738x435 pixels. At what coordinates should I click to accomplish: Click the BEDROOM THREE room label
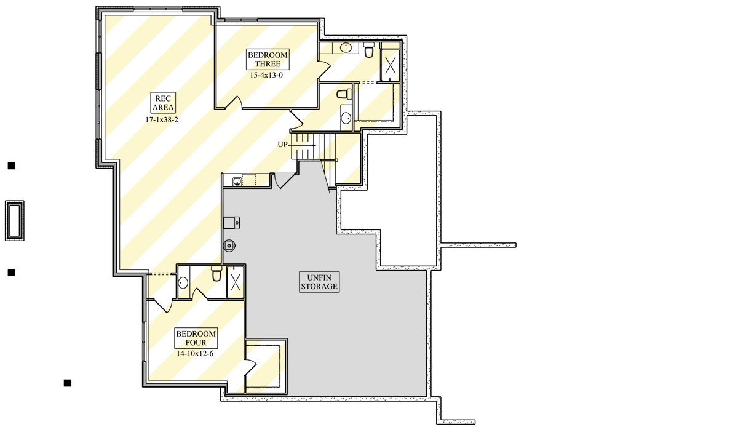click(268, 59)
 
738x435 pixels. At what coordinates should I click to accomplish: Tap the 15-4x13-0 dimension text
click(266, 75)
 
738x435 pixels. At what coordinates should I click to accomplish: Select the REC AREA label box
click(163, 103)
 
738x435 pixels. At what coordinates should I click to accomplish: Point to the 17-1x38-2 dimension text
click(162, 119)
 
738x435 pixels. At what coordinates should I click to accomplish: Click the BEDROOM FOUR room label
click(196, 338)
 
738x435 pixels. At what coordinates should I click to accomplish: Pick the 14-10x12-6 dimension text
click(195, 354)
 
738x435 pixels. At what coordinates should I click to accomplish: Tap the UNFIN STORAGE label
click(319, 282)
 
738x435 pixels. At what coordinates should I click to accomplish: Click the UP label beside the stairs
click(282, 145)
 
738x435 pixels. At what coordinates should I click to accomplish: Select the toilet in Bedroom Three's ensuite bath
click(369, 49)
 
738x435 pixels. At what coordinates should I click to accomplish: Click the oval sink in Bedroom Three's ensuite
click(346, 47)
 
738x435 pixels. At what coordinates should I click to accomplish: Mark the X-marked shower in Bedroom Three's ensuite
click(391, 65)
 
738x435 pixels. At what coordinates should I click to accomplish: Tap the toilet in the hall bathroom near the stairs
click(344, 94)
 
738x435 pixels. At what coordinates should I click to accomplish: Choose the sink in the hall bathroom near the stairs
click(346, 118)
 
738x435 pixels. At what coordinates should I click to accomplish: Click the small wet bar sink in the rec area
click(237, 182)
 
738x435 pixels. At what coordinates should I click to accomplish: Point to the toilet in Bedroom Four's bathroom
click(216, 274)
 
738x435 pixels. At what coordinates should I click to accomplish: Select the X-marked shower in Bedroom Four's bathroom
click(235, 282)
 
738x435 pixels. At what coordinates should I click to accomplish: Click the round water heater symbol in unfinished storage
click(229, 245)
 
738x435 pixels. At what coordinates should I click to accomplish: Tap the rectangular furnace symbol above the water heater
click(231, 223)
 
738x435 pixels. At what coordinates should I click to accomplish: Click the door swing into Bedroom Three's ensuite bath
click(324, 69)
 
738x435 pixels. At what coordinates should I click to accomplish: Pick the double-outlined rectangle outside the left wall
click(15, 220)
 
